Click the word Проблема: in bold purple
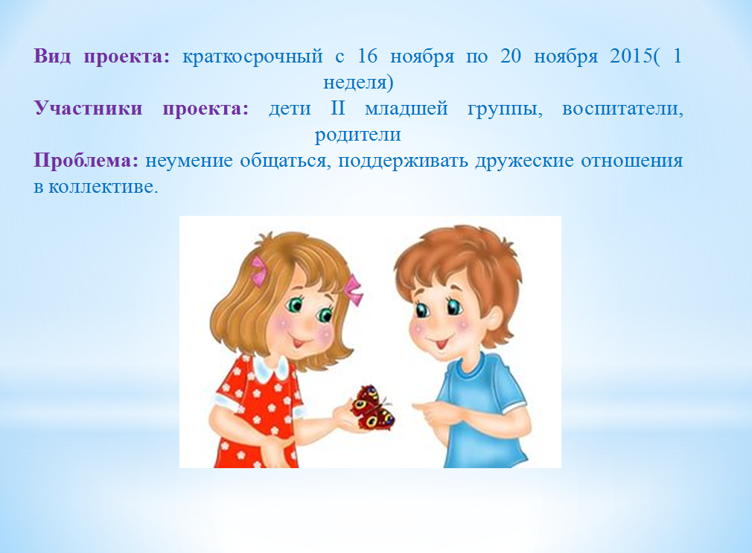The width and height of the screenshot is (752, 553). (86, 160)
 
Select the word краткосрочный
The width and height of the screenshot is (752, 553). (252, 57)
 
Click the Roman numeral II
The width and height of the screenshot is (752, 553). (337, 108)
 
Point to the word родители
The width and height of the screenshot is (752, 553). (358, 135)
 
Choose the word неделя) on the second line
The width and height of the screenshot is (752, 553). (358, 83)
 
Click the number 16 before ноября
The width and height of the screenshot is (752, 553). (367, 56)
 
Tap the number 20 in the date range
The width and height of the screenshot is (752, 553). (511, 56)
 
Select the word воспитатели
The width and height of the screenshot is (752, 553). (622, 109)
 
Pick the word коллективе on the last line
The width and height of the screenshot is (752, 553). (103, 186)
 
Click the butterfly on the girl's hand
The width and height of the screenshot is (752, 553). (372, 407)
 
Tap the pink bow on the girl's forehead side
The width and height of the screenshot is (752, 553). (258, 270)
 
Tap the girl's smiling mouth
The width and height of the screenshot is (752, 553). (299, 343)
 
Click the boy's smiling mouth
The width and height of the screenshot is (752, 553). (440, 344)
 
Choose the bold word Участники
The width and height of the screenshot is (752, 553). (89, 109)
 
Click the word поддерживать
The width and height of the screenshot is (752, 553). (403, 161)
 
